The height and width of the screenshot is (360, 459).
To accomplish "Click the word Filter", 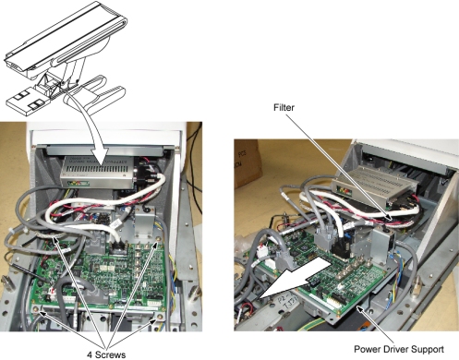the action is (284, 107).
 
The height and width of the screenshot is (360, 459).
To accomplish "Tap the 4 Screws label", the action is (106, 354).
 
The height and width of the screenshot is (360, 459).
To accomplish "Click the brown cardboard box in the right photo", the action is (247, 163).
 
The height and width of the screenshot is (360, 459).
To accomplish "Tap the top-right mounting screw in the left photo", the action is (158, 239).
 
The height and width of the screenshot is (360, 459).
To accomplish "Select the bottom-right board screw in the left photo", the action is (160, 317).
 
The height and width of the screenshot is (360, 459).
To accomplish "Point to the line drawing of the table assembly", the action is (66, 58).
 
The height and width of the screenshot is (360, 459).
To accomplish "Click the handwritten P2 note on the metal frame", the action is (291, 303).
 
